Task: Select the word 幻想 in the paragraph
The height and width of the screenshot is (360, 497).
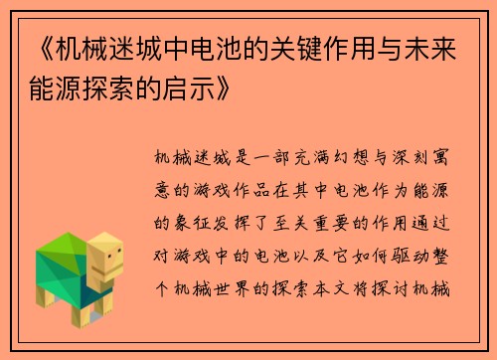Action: [339, 157]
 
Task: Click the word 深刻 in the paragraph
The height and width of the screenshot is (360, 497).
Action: [395, 157]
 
